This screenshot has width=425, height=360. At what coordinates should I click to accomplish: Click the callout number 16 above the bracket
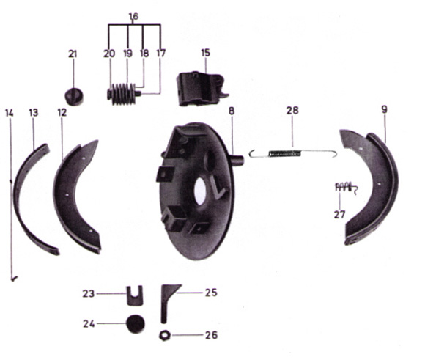point(133,17)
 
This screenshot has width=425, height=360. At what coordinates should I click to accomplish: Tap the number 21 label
point(73,54)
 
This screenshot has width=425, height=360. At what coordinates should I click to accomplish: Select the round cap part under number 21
point(74,97)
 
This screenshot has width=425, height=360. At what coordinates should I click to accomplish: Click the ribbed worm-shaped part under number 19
point(123,94)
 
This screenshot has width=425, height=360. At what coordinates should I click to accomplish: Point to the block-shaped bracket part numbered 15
point(202,88)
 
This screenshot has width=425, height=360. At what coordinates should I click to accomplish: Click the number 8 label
point(232,111)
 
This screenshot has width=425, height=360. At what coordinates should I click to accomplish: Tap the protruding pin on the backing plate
point(237,160)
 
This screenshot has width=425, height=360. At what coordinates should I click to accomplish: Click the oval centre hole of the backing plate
point(200,191)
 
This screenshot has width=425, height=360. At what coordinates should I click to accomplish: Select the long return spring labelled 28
point(293,153)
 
